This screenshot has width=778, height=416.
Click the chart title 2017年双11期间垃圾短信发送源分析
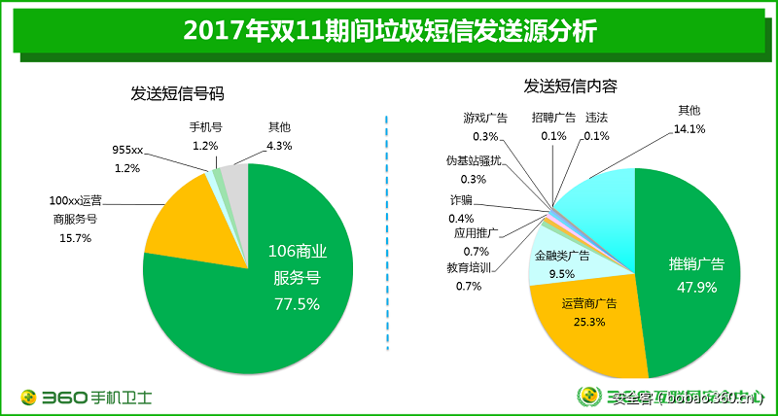coord(389,30)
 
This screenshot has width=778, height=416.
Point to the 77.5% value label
coord(297,303)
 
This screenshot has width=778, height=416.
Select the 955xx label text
coord(127,151)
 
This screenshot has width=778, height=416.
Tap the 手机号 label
coord(205,127)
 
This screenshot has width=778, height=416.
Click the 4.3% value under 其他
coord(279,145)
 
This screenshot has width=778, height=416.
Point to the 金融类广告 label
coord(562,256)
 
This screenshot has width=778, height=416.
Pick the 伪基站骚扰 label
coord(474,160)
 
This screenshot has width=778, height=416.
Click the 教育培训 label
coord(470,268)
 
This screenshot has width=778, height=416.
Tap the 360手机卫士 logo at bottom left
coord(87,397)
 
